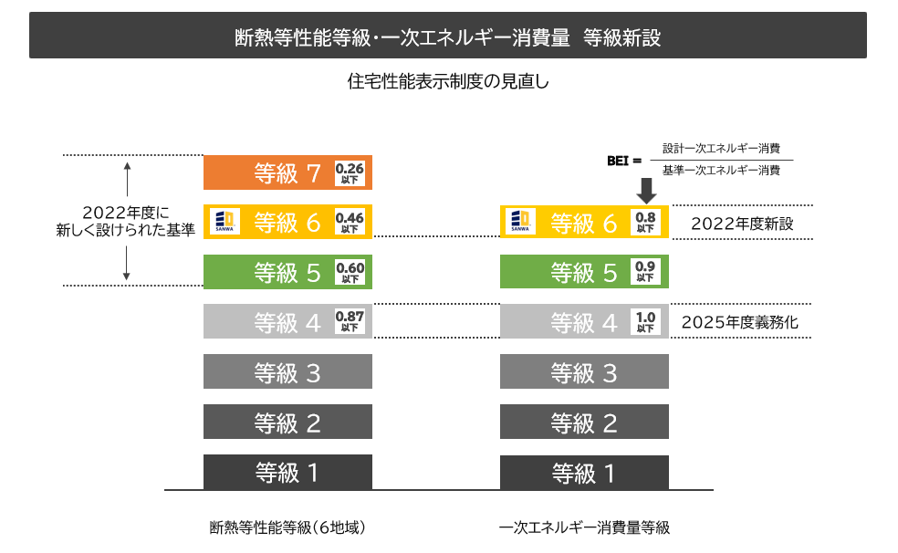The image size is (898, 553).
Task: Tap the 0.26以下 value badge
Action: coord(350,172)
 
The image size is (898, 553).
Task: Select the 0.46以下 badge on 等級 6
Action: coord(350,223)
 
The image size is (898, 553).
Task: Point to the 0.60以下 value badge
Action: coord(350,272)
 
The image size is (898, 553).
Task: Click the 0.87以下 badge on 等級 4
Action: coord(350,321)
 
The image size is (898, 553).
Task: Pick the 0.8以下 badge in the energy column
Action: coord(645,223)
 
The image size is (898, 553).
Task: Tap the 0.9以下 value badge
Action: coord(645,272)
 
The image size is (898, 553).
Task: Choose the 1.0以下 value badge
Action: coord(645,321)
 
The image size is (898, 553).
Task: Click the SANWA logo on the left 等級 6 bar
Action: coord(224,222)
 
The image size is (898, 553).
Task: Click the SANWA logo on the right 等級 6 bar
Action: coord(521,222)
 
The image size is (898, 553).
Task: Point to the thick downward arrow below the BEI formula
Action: coord(646,190)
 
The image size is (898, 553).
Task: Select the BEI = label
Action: coord(625,160)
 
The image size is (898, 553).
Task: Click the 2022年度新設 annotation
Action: coord(743,223)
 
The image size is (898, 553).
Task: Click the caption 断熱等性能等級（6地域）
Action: coord(288,527)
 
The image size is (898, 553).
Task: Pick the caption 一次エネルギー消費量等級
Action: coord(584,527)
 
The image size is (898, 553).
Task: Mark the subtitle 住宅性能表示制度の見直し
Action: coord(448,80)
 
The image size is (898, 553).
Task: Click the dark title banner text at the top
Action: coord(448,37)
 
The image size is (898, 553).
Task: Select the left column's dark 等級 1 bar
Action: coord(287,472)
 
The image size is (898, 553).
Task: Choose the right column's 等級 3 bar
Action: coord(584,371)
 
